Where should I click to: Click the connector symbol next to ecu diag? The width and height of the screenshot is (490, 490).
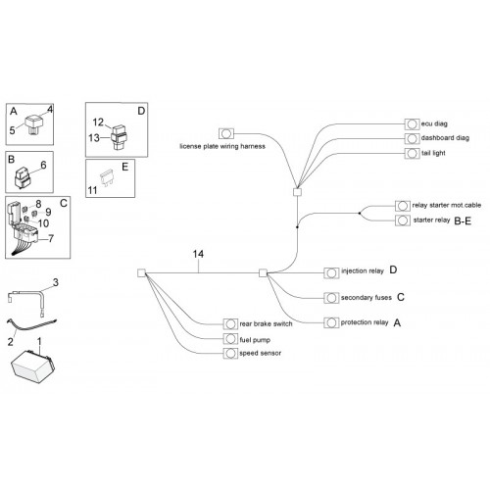point(412,124)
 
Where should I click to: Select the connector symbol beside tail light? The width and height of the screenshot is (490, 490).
point(412,153)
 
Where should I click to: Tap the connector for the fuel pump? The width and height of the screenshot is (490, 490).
point(230,339)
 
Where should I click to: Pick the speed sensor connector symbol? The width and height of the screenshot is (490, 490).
point(230,353)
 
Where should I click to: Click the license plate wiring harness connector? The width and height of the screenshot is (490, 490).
point(226,133)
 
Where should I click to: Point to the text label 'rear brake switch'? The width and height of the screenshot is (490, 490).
point(266,323)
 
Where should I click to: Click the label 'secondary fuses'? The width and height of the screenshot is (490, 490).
point(367,298)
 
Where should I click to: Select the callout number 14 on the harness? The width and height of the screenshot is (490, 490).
point(198,254)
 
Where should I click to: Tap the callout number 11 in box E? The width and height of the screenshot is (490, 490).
point(92,190)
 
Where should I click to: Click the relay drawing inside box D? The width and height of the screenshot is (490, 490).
point(119,137)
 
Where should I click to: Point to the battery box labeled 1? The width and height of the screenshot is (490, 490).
point(32,367)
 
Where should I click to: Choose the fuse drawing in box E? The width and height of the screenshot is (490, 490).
point(107,177)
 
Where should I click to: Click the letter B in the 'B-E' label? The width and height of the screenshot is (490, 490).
point(458,221)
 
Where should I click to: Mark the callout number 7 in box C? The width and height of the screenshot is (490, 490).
point(51,239)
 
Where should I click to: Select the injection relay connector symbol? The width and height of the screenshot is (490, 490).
point(331,273)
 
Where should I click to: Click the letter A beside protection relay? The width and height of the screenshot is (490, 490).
point(397,323)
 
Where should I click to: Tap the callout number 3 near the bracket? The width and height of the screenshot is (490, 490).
point(56,282)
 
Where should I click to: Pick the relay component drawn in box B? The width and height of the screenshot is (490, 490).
point(23,178)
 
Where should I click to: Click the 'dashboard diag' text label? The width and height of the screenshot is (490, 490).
point(445,138)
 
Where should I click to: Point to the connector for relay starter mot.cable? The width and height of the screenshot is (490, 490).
point(403,206)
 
